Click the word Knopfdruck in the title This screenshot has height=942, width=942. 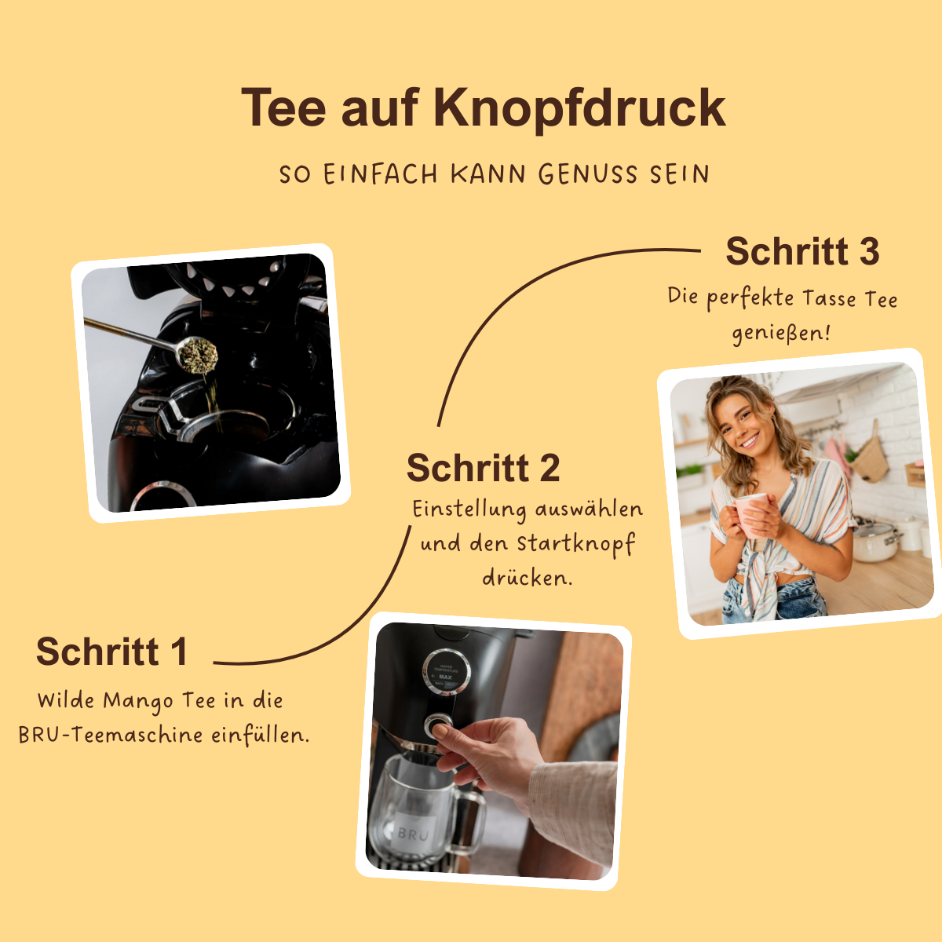[x=579, y=108]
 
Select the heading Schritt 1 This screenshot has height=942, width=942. [x=111, y=652]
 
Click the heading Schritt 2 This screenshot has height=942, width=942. [x=483, y=469]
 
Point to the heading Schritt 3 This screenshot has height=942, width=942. [x=801, y=252]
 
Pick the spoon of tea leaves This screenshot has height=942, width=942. [x=196, y=353]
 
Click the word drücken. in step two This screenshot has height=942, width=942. [x=527, y=579]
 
